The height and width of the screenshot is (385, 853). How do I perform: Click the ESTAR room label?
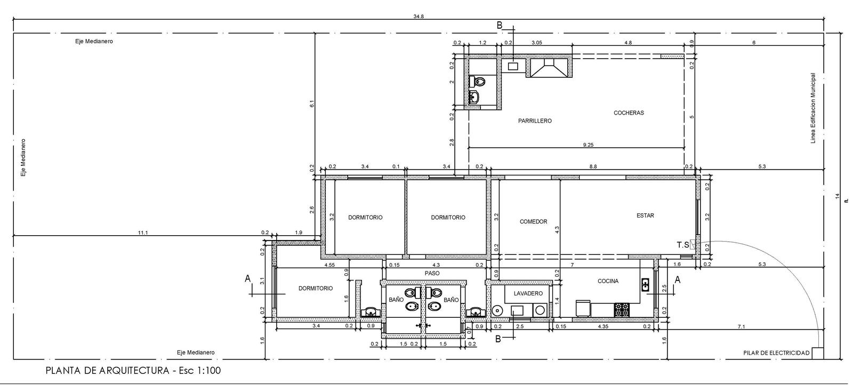click(x=645, y=215)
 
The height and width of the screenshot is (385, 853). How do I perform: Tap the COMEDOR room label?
click(x=533, y=222)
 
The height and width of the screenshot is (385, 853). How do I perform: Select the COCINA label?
click(x=608, y=281)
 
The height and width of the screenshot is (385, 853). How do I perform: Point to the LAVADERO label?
click(x=528, y=294)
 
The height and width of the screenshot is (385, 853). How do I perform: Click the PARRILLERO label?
click(x=535, y=121)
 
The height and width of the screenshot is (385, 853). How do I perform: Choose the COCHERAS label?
click(x=629, y=113)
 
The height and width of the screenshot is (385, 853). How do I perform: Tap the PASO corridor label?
click(x=432, y=274)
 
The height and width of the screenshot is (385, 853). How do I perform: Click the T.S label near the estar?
click(x=683, y=245)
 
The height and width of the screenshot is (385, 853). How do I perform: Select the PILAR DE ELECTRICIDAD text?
click(x=776, y=353)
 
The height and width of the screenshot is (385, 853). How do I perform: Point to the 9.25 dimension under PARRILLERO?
click(x=588, y=145)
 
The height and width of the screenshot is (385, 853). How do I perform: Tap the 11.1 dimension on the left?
click(x=143, y=232)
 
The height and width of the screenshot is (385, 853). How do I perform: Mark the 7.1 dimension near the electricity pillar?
click(x=741, y=326)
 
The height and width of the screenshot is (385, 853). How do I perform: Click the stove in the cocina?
click(x=622, y=310)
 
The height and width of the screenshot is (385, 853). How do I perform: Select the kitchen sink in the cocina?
click(x=645, y=285)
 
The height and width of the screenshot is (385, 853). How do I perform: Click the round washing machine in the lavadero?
click(x=496, y=311)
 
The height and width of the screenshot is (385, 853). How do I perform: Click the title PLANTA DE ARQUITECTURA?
click(x=107, y=371)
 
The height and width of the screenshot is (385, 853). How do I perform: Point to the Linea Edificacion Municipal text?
click(x=813, y=108)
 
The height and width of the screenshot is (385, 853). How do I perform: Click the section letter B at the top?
click(x=499, y=26)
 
